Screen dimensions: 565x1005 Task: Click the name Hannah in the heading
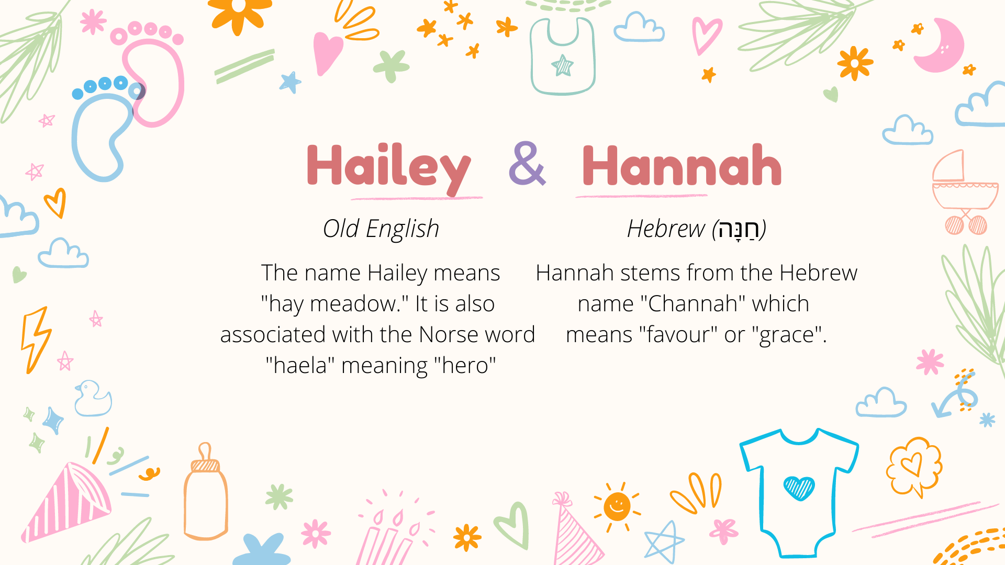(682, 166)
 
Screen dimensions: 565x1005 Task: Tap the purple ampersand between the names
(527, 164)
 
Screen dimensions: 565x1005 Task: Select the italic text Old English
(381, 229)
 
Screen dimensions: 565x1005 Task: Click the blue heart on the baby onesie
(799, 488)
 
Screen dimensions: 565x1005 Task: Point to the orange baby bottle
(205, 494)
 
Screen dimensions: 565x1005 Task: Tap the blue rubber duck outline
(93, 399)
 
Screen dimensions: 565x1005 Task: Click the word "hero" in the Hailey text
(465, 366)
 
